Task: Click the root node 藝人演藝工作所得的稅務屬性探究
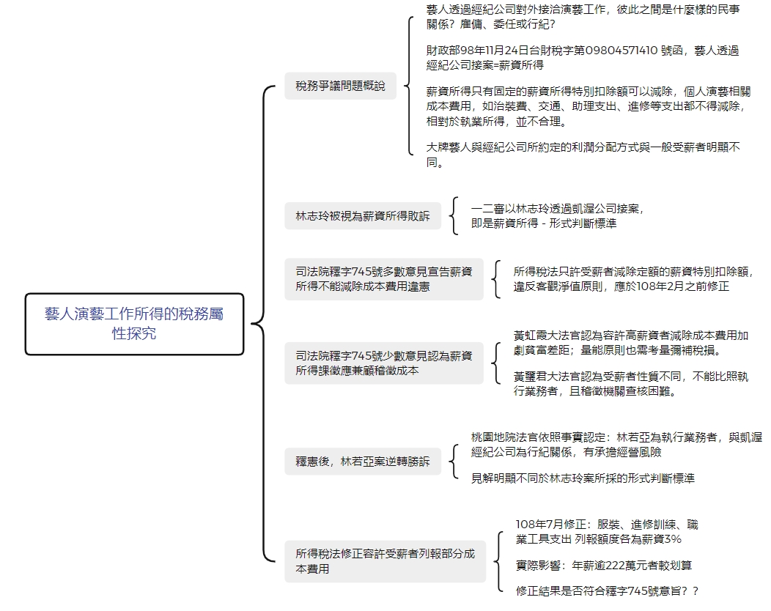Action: pyautogui.click(x=134, y=324)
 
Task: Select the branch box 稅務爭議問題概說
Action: pyautogui.click(x=340, y=86)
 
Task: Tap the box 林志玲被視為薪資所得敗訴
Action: pyautogui.click(x=363, y=216)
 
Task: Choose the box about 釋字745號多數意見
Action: pyautogui.click(x=384, y=279)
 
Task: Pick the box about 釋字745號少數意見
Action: pyautogui.click(x=384, y=363)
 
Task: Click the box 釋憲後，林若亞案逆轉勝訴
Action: pyautogui.click(x=363, y=462)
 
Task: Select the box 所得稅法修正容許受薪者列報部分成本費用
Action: pyautogui.click(x=385, y=561)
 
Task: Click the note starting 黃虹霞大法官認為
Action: pyautogui.click(x=631, y=343)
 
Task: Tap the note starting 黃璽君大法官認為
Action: pyautogui.click(x=631, y=384)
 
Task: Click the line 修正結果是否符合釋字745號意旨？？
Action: pyautogui.click(x=608, y=591)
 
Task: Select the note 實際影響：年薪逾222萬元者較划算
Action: pyautogui.click(x=604, y=566)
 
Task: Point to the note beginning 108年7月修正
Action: pyautogui.click(x=608, y=532)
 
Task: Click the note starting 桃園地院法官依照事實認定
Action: pyautogui.click(x=616, y=445)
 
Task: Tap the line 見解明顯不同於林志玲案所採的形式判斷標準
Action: pyautogui.click(x=583, y=478)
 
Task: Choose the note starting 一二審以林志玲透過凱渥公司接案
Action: pyautogui.click(x=557, y=216)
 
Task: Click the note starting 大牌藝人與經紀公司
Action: pyautogui.click(x=583, y=155)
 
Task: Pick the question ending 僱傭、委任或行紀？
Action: pyautogui.click(x=583, y=17)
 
